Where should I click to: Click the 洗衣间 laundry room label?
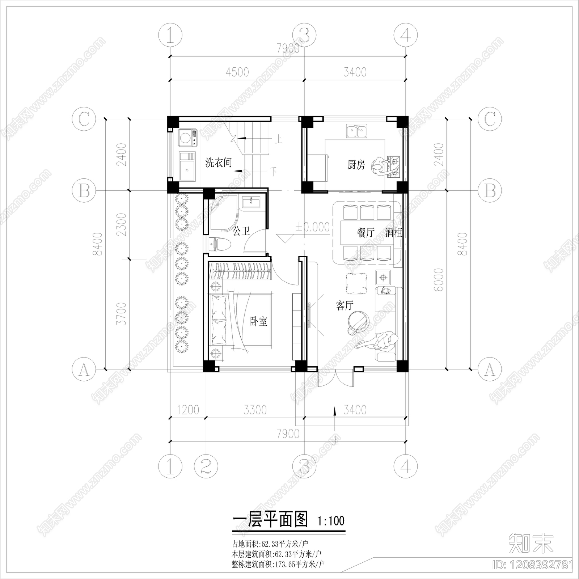pos(219,162)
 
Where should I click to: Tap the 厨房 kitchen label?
pos(356,165)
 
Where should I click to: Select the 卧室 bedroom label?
pos(259,321)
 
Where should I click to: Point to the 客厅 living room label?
pos(344,306)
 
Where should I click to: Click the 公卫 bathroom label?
pos(241,231)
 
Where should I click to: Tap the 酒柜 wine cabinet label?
pos(394,232)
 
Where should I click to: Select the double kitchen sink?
pos(356,131)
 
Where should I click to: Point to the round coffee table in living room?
pos(358,321)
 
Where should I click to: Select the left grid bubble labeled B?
pos(84,190)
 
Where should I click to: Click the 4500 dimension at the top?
pos(237,72)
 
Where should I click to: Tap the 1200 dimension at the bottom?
pos(188,410)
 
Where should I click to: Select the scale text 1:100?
pos(331,521)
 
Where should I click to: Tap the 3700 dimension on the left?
pos(123,313)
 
